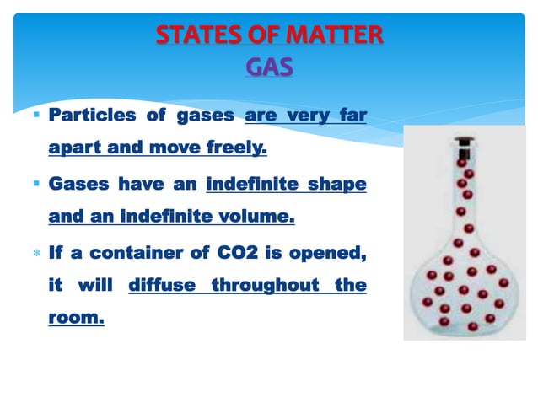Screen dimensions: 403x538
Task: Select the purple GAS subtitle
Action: pos(269,66)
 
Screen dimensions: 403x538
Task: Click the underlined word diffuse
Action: pos(163,287)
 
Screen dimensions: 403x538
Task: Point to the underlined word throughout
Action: pos(266,287)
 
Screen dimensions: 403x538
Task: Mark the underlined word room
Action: pos(76,321)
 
